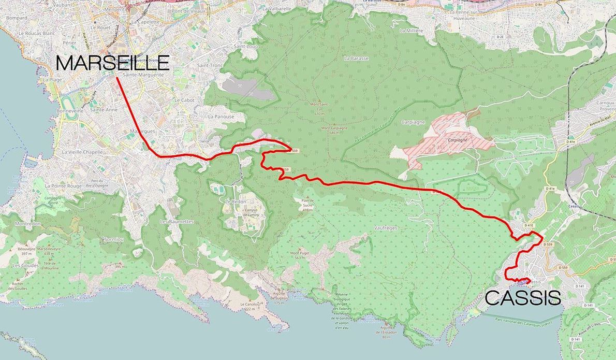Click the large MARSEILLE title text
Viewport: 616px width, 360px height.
pyautogui.click(x=112, y=63)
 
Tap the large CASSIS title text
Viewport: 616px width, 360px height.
pyautogui.click(x=523, y=298)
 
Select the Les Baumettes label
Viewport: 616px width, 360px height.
pyautogui.click(x=177, y=221)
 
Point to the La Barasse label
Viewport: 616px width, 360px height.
pyautogui.click(x=356, y=59)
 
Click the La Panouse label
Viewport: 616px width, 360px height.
pyautogui.click(x=221, y=117)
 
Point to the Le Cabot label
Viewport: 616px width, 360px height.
pyautogui.click(x=184, y=99)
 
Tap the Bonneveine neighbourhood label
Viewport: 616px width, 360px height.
pyautogui.click(x=70, y=111)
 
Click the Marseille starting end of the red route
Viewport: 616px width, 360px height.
pyautogui.click(x=117, y=78)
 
